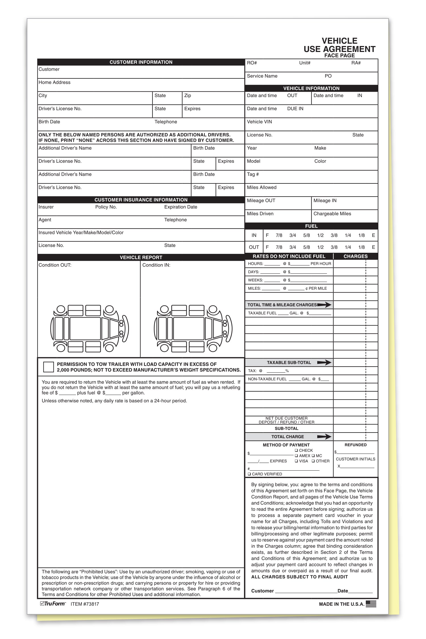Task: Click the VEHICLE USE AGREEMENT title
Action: click(x=339, y=45)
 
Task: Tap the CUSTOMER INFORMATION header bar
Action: click(x=141, y=62)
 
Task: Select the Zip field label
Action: click(x=187, y=95)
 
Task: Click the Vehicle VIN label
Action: click(x=259, y=122)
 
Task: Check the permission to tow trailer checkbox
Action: click(x=48, y=367)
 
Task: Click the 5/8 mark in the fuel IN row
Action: click(x=306, y=235)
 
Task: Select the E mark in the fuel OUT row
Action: click(x=373, y=247)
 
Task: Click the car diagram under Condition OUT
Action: click(x=89, y=329)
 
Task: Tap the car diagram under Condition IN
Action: click(x=193, y=329)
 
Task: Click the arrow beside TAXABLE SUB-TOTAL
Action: click(x=324, y=363)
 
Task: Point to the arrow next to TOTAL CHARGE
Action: click(x=324, y=437)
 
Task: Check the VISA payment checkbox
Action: click(x=296, y=461)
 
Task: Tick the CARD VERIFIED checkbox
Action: click(x=249, y=474)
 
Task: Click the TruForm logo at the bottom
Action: click(x=53, y=604)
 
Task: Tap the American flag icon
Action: click(x=371, y=604)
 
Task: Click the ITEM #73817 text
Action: click(x=85, y=604)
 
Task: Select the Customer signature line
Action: click(x=306, y=591)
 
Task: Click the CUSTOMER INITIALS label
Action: click(x=355, y=459)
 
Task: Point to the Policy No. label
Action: click(x=106, y=207)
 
